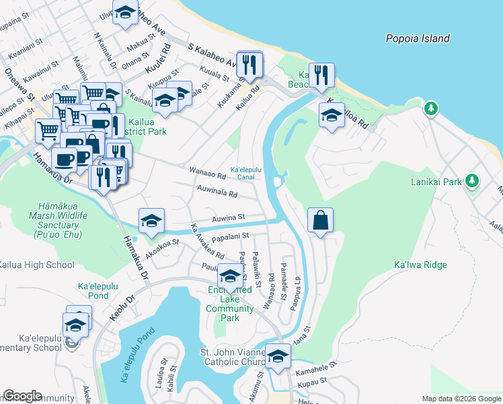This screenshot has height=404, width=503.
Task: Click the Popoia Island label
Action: pyautogui.click(x=418, y=38)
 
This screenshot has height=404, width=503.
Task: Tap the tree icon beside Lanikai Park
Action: pyautogui.click(x=473, y=180)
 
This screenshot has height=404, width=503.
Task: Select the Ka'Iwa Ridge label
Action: pyautogui.click(x=420, y=265)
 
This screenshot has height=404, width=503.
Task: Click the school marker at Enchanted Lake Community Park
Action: pyautogui.click(x=229, y=277)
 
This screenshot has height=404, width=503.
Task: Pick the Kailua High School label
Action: pyautogui.click(x=37, y=265)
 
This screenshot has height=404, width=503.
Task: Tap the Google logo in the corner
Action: pyautogui.click(x=22, y=396)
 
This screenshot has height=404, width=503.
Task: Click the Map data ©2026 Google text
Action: pyautogui.click(x=460, y=399)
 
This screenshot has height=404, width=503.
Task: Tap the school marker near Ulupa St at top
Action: pyautogui.click(x=125, y=13)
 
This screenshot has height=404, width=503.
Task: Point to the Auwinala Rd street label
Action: pyautogui.click(x=217, y=194)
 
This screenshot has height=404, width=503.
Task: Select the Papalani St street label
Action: pyautogui.click(x=231, y=236)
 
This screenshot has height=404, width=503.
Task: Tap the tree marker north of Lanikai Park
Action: pyautogui.click(x=430, y=108)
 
